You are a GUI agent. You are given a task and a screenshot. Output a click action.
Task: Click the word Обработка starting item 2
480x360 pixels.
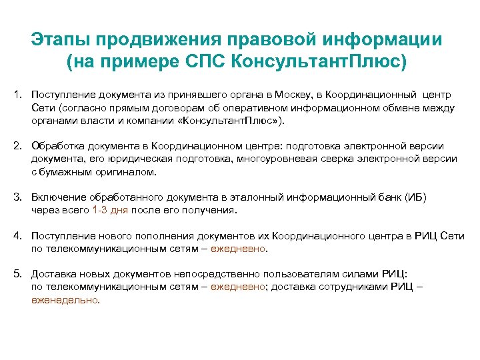click(57, 146)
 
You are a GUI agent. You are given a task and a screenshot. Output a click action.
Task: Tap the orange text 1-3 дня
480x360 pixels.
click(109, 210)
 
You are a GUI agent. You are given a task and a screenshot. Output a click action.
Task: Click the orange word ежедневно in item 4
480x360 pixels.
click(238, 249)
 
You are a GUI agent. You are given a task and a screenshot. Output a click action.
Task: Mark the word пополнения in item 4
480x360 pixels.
click(145, 236)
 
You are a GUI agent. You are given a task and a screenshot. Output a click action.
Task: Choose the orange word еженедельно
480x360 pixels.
click(65, 299)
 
